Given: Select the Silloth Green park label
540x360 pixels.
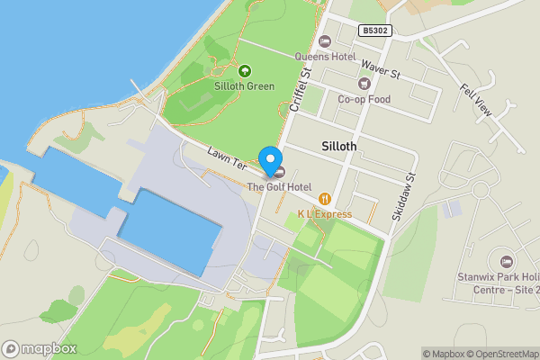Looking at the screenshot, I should point(244,86).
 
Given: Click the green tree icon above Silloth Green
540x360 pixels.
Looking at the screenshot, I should point(244,70).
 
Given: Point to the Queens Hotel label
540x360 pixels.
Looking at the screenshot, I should point(326,56).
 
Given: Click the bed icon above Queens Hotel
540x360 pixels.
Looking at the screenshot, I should point(326,40).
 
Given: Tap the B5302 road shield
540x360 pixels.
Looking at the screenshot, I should point(374,30).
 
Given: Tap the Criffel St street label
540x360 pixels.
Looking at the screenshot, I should point(300,89).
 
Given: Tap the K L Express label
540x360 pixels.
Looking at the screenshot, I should point(326,214).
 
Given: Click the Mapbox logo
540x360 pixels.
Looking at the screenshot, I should point(39,348).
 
